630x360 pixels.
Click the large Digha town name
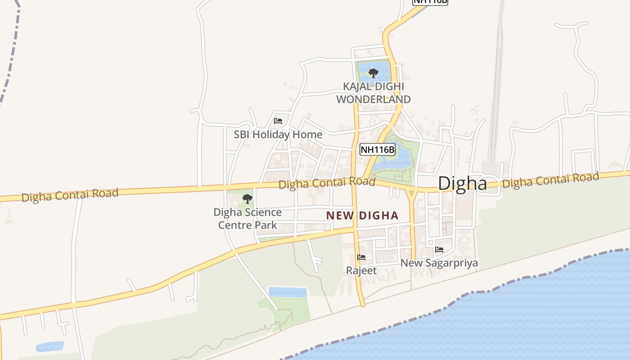point(462,184)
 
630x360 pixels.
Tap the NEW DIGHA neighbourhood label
point(362,216)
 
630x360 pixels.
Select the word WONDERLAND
point(373,99)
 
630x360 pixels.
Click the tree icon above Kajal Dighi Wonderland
point(373,73)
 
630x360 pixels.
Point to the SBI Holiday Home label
point(278,135)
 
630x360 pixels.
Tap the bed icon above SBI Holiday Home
point(278,121)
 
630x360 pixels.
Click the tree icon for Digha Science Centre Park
point(247,198)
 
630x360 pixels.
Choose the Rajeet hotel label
point(361,270)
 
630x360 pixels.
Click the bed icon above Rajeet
point(361,257)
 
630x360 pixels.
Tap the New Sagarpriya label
point(439,263)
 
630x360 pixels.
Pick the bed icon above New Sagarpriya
point(439,249)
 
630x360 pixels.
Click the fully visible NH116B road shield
point(378,149)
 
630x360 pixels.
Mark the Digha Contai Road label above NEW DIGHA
point(327,183)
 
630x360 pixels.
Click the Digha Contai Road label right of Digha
point(550,180)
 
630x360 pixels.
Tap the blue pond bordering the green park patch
point(288,292)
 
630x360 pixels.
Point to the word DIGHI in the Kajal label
point(391,86)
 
